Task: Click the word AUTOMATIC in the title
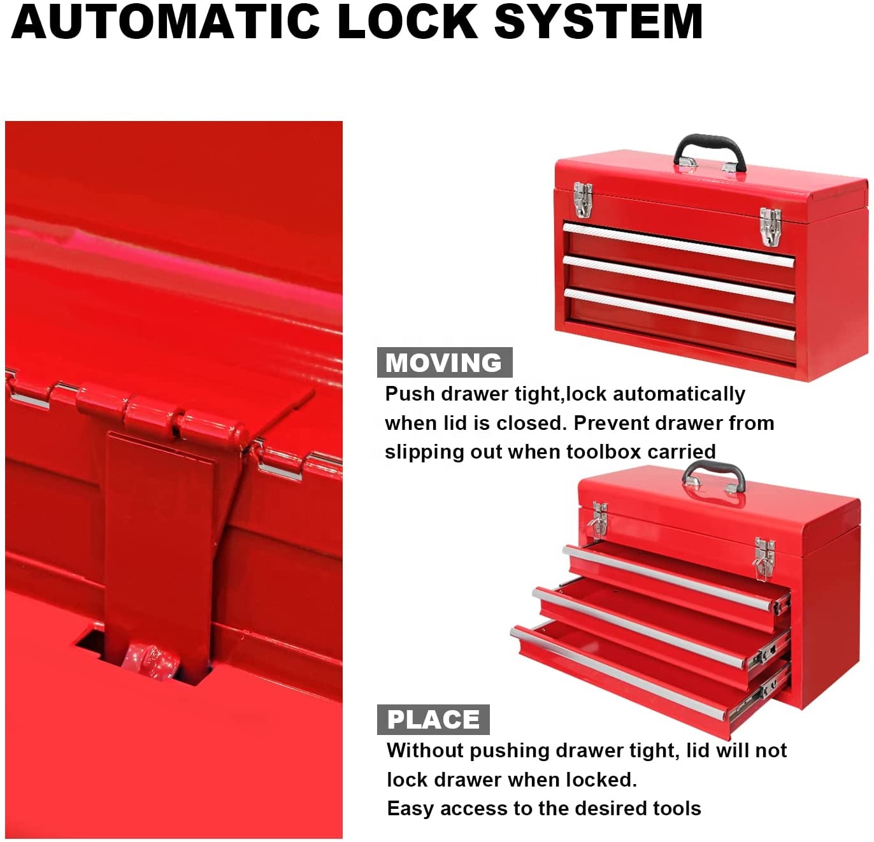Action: pyautogui.click(x=165, y=21)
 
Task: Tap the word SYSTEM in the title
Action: pyautogui.click(x=598, y=21)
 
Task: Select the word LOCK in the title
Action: pyautogui.click(x=408, y=21)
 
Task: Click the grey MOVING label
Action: pyautogui.click(x=444, y=362)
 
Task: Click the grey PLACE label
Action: pyautogui.click(x=433, y=720)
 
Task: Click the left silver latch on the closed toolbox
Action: pyautogui.click(x=584, y=200)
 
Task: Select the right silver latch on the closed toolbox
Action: pyautogui.click(x=770, y=227)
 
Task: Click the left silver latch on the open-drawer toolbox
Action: pyautogui.click(x=600, y=519)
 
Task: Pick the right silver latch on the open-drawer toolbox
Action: pyautogui.click(x=764, y=558)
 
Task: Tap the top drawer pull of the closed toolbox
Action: pyautogui.click(x=678, y=245)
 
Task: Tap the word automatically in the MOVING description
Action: pyautogui.click(x=678, y=394)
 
